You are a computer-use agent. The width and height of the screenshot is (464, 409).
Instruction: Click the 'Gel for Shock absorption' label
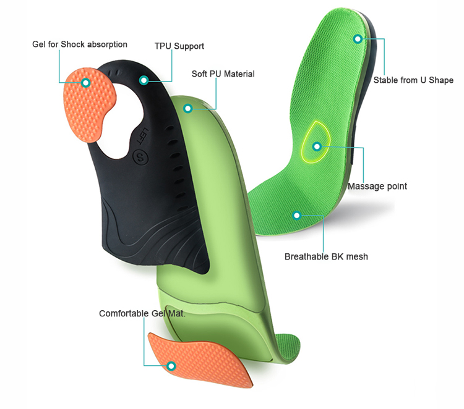point(80,44)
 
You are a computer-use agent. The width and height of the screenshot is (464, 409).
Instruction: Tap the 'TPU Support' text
point(179,46)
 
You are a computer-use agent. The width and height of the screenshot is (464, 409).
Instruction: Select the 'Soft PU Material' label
point(223,74)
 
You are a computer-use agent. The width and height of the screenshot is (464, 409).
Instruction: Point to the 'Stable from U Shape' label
point(413,80)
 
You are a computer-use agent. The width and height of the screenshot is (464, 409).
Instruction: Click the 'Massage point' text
point(377,186)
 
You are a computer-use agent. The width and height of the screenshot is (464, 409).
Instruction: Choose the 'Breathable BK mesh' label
point(326,256)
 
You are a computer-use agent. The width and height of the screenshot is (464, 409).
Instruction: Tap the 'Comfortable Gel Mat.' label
point(142,314)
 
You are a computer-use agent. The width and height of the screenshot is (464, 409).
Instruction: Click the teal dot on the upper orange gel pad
point(86,82)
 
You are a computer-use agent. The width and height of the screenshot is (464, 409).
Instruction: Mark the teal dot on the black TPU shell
point(144,80)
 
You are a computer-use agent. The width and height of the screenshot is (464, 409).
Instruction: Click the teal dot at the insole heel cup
point(358,39)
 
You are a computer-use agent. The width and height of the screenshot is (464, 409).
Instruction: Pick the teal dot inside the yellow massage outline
point(317,146)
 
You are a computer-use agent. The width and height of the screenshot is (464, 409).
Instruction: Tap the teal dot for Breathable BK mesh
point(297,216)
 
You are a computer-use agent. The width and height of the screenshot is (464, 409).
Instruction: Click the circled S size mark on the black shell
point(140,157)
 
